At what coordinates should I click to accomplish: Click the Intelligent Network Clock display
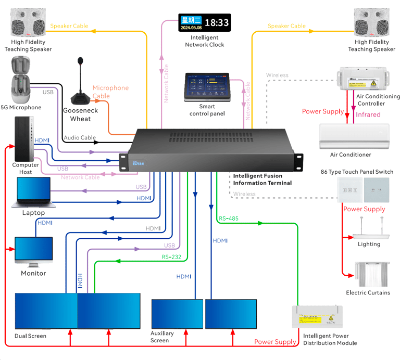[x=205, y=23]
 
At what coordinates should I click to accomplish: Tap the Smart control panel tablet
[x=207, y=87]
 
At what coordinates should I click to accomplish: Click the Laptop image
[x=33, y=193]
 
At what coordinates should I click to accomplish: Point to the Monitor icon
[x=33, y=252]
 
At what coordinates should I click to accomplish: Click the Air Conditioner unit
[x=354, y=136]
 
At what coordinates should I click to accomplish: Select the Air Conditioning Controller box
[x=362, y=78]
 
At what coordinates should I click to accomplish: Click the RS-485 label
[x=229, y=218]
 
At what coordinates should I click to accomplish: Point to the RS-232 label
[x=171, y=256]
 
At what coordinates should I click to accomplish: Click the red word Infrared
[x=368, y=114]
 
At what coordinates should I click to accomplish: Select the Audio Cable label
[x=80, y=138]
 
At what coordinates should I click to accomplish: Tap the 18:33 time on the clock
[x=216, y=23]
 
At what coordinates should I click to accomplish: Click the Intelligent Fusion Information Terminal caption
[x=262, y=179]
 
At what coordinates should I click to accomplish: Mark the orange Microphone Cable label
[x=110, y=92]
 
